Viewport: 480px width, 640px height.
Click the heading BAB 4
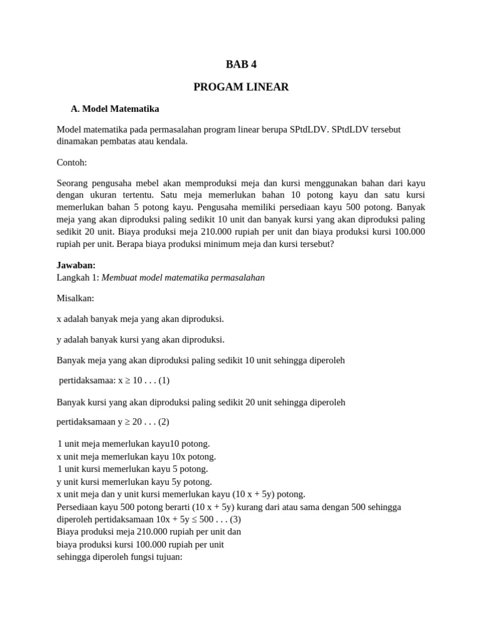[x=241, y=64]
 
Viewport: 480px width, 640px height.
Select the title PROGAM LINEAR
[x=241, y=87]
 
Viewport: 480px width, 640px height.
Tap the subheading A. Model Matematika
[x=115, y=109]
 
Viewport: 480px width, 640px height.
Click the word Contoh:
[x=72, y=162]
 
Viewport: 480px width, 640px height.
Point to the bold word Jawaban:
[x=76, y=265]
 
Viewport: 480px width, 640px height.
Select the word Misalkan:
[x=75, y=298]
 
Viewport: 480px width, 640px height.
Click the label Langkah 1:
[x=77, y=277]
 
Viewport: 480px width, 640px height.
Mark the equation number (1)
[x=164, y=380]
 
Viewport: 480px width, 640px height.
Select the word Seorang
[x=73, y=183]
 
